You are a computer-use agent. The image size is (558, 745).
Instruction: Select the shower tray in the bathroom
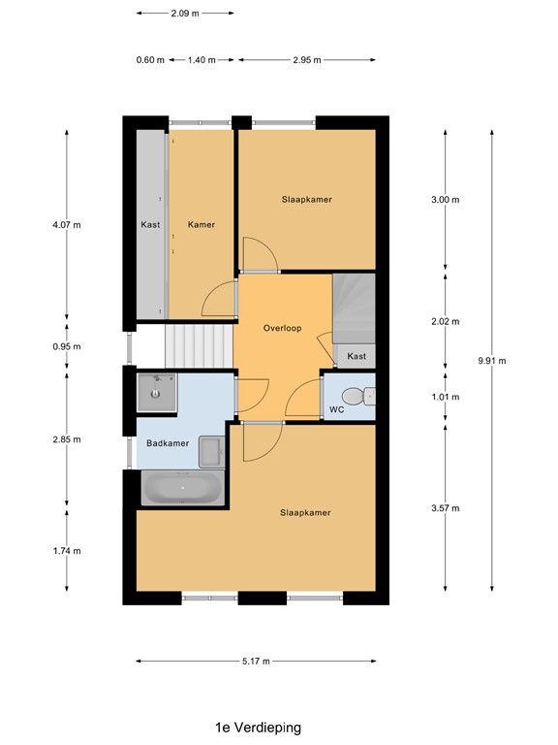pos(155,392)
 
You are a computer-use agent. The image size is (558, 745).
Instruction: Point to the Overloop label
pos(282,328)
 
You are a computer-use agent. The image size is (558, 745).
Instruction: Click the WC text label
pos(336,410)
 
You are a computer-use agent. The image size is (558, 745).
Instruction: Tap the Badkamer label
pos(168,443)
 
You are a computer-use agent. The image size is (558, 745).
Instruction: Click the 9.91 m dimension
pos(492,361)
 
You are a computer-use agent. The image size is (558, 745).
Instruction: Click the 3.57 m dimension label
pos(445,508)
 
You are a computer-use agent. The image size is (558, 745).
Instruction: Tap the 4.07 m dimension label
pos(66,224)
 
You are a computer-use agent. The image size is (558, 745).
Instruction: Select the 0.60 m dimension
pos(150,60)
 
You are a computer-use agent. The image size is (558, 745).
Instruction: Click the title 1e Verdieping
pos(259,727)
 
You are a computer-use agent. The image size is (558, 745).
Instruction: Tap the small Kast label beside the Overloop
pos(356,357)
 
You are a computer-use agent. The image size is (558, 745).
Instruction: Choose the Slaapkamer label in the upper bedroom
pos(306,199)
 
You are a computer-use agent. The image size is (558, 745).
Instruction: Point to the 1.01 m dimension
pos(445,397)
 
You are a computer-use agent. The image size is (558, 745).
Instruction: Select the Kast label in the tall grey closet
pos(150,224)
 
